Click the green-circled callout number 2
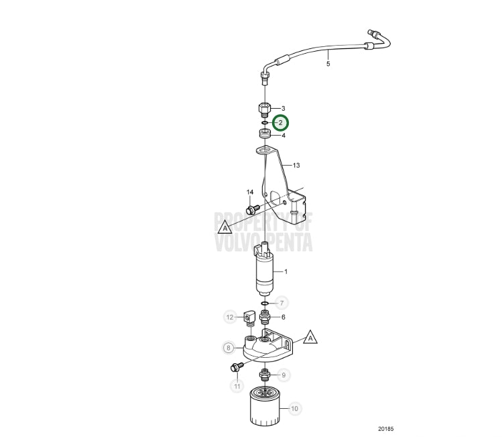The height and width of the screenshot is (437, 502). point(280,123)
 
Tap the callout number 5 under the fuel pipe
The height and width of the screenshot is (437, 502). point(328,64)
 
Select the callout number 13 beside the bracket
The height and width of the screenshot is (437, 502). point(296,165)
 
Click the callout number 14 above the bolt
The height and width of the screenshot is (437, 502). point(250,192)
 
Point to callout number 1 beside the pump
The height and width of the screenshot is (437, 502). point(286,272)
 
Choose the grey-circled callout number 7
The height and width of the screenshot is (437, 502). point(281,303)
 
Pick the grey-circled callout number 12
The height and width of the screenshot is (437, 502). point(230,318)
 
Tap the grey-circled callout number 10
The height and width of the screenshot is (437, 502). point(294,408)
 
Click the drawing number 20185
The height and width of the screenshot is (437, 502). point(386,429)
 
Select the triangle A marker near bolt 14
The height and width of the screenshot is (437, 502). point(225,227)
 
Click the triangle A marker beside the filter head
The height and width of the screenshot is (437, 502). point(310,337)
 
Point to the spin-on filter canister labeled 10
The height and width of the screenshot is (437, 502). point(265,406)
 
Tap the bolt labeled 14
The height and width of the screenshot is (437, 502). point(253,209)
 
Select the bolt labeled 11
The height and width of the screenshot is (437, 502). point(237,367)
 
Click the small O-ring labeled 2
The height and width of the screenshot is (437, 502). point(265,123)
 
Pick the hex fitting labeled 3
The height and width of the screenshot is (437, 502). point(265,110)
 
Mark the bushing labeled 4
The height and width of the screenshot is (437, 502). point(265,133)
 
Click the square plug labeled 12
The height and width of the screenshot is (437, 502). point(249,318)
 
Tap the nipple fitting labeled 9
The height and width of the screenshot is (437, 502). point(265,375)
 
